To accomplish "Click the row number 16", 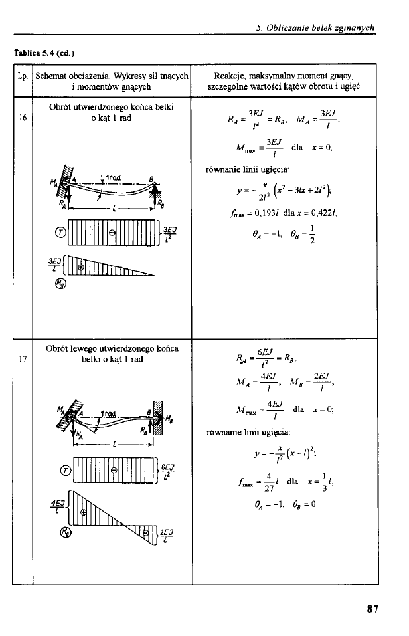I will pos(23,120).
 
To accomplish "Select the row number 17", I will pos(23,360).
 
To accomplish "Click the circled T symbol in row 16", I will pos(60,233).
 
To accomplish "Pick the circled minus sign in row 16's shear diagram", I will pos(112,233).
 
